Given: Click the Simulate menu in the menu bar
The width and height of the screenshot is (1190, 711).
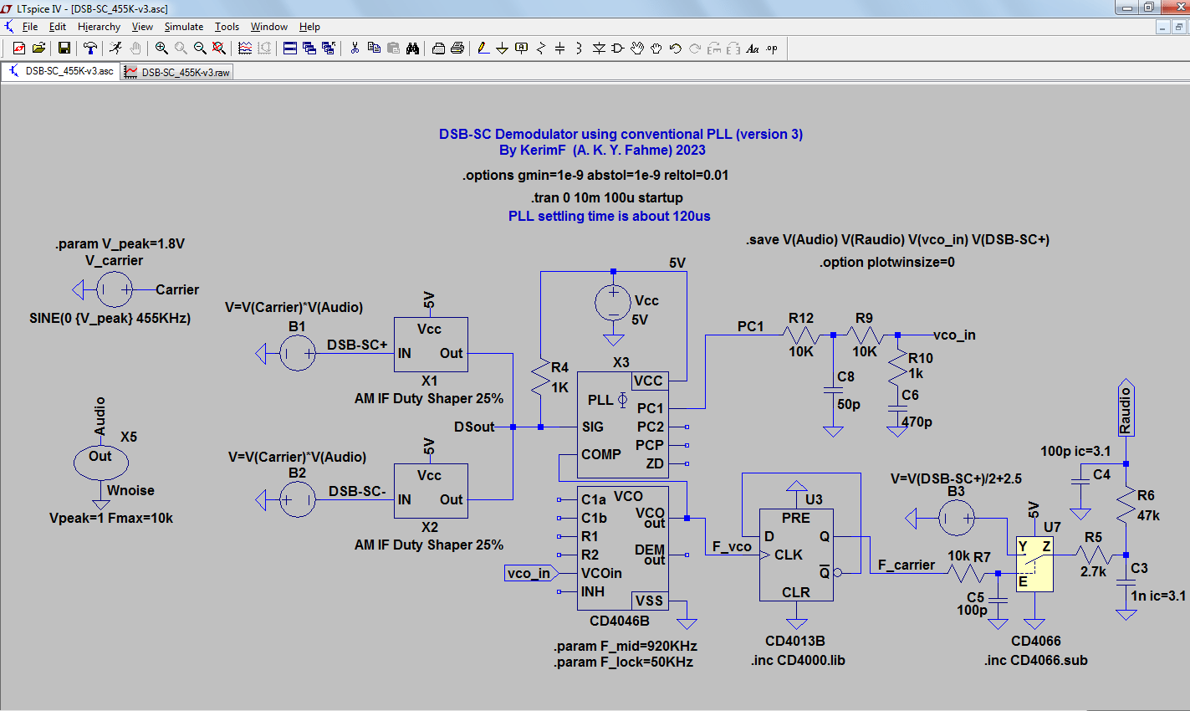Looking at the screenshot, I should tap(183, 27).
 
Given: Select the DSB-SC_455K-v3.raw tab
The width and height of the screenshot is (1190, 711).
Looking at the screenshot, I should tap(177, 73).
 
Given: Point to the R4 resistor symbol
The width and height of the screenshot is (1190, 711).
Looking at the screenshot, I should tap(541, 377).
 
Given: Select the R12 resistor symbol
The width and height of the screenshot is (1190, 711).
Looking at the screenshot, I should tap(800, 335).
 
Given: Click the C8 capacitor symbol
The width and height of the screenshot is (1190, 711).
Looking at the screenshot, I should tap(833, 391).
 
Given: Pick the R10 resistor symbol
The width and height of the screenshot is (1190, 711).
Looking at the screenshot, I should tap(897, 365).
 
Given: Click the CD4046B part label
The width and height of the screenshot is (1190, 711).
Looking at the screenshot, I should tap(619, 621).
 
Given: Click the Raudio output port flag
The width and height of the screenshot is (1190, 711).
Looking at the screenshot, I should tap(1126, 409).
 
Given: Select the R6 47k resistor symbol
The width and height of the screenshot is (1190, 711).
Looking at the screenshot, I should tap(1126, 505).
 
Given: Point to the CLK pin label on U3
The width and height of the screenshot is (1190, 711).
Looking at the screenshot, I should tap(788, 555).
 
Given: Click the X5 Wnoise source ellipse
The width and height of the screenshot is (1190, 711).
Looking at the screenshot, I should tap(100, 461).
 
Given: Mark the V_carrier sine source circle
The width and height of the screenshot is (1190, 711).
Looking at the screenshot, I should tap(114, 290).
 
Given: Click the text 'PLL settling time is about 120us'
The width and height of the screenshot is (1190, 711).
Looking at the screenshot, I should tap(609, 216).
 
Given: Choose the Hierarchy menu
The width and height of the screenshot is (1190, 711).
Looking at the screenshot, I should tap(99, 27).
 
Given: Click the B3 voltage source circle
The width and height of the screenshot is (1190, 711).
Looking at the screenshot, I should tap(956, 519).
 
